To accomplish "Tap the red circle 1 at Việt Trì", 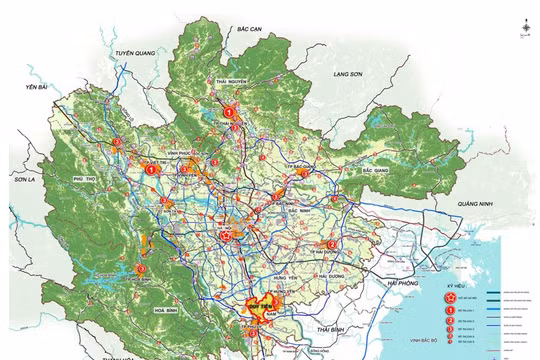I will tap(152, 171).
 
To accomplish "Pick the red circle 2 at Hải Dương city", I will tap(331, 243).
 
